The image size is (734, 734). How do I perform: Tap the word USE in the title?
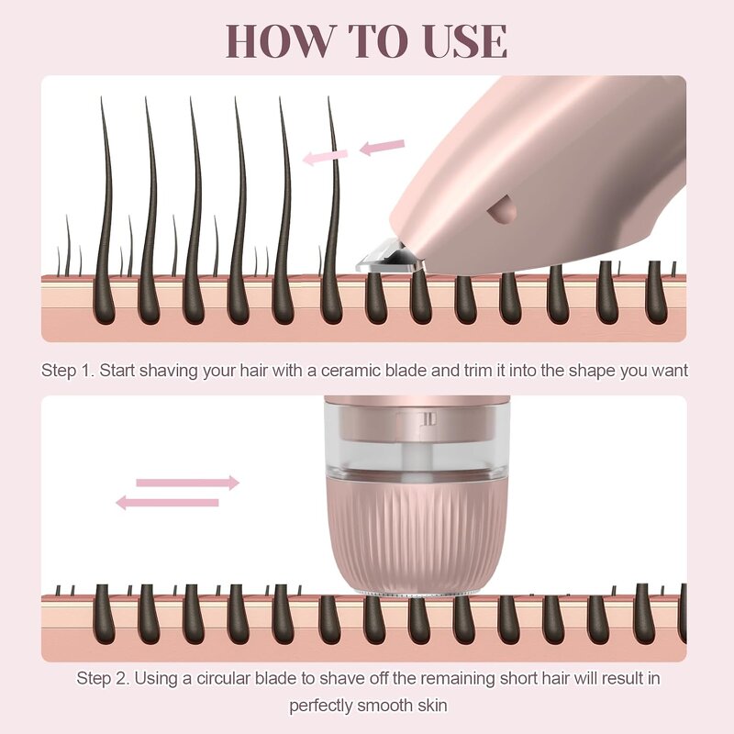pos(462,41)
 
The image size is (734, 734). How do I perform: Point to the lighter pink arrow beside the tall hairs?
pos(326,157)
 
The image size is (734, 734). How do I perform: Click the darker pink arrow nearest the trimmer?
pos(382,146)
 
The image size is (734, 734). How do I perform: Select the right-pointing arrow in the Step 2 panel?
pos(187,483)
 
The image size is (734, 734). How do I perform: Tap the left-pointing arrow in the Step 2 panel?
pos(167,502)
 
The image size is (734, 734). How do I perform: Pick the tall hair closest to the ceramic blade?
pos(332,211)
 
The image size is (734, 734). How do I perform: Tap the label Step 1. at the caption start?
pos(68,371)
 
